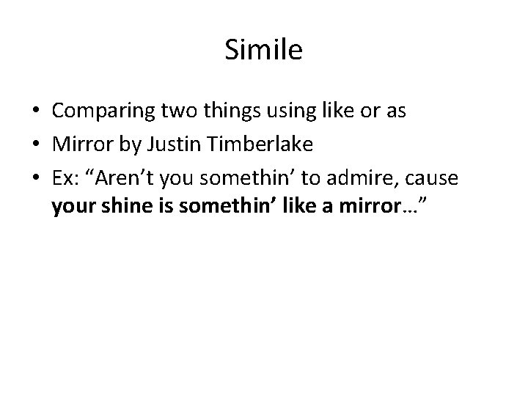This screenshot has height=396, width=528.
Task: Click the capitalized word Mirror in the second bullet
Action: tap(78, 145)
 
